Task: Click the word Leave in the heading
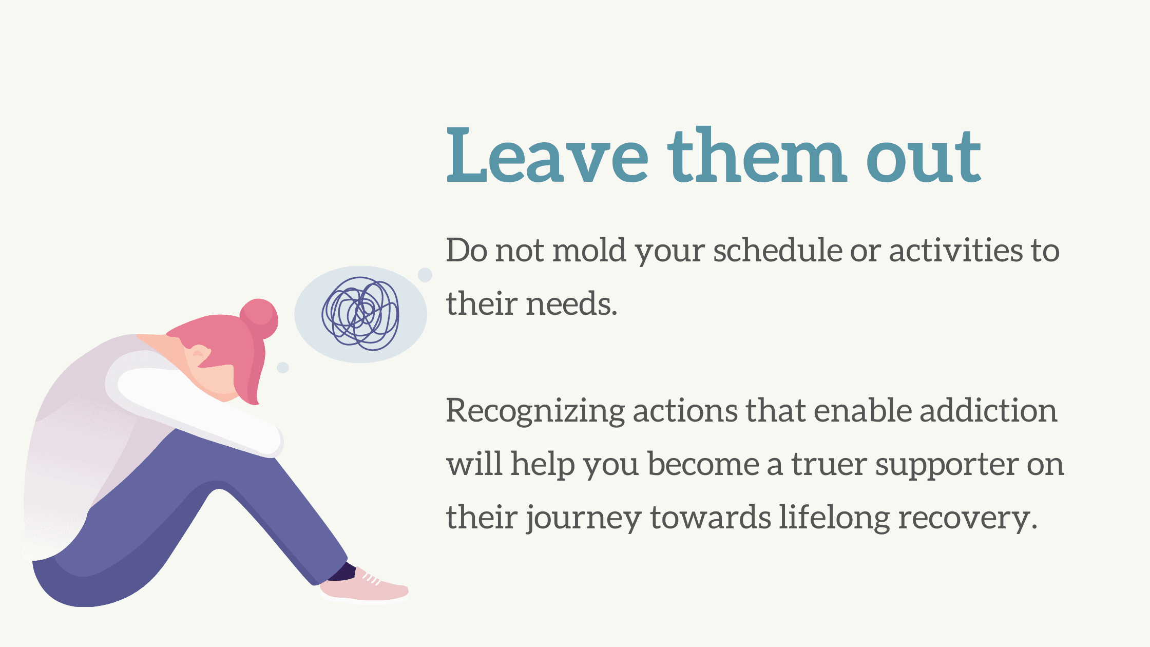coord(547,155)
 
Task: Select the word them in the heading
coord(756,155)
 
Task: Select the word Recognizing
coord(535,412)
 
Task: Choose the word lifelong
coord(834,518)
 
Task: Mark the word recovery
coord(967,519)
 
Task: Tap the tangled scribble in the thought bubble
coord(360,313)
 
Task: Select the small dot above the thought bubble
coord(425,275)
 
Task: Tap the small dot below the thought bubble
coord(283,368)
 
